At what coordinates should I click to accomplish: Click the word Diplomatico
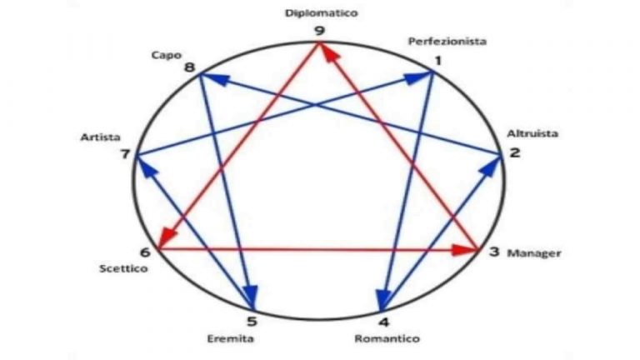pos(321,13)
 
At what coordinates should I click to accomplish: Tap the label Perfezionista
pos(447,42)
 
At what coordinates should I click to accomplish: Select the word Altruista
pos(532,133)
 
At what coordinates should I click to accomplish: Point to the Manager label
pos(534,253)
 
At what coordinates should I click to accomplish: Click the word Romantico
pos(387,338)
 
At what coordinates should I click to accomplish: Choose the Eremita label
pos(230,338)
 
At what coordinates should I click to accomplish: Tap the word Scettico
pos(123,268)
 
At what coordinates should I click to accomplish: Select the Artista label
pos(100,137)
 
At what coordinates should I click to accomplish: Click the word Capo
pos(167,55)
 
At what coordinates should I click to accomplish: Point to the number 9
pos(320,31)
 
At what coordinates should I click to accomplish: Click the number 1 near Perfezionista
pos(437,61)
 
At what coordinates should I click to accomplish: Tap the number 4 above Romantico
pos(383,322)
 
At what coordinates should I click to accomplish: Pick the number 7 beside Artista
pos(125,154)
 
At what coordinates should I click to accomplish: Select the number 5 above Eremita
pos(252,321)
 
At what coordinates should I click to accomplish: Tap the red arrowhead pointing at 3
pos(465,250)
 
